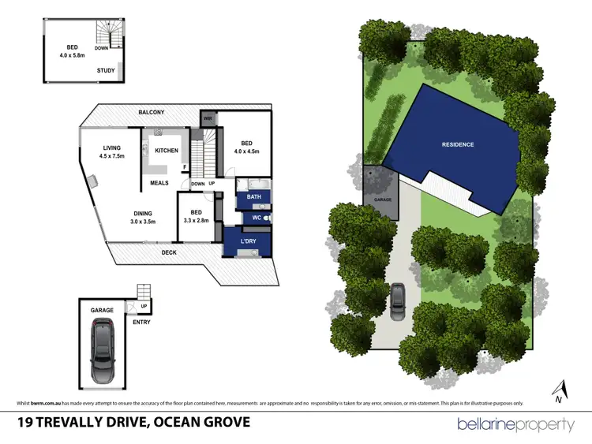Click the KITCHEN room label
point(167,151)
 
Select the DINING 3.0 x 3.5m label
point(142,217)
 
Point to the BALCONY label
point(152,113)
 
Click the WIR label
point(208,119)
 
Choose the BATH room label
point(253,196)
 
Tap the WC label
point(257,218)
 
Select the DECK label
point(169,252)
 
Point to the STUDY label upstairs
point(106,70)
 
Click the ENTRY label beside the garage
point(141,322)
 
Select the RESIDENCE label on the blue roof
point(457,144)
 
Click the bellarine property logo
point(516,424)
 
